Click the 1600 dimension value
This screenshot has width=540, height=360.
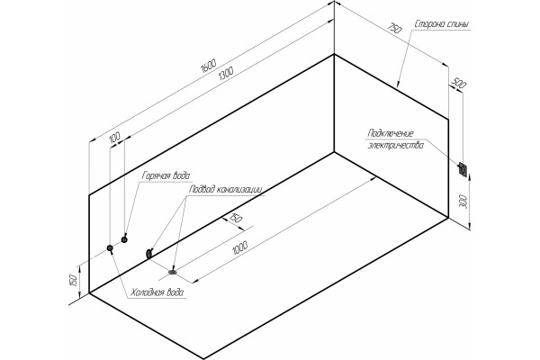[209, 66]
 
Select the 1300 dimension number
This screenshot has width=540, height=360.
[226, 73]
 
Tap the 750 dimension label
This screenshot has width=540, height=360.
[395, 28]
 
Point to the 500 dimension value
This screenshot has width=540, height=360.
[458, 84]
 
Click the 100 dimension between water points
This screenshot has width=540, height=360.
[114, 137]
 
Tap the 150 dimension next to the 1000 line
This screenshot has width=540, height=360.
[236, 219]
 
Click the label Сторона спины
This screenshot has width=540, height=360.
[442, 25]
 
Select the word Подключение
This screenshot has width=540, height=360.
[391, 133]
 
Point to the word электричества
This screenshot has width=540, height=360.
[396, 145]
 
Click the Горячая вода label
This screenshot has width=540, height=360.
[166, 176]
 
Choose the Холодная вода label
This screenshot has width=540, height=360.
[157, 292]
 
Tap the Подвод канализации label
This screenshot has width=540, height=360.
[226, 189]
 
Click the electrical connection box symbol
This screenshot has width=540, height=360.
[463, 169]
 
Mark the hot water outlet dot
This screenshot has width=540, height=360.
[124, 239]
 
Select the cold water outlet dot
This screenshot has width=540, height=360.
[110, 248]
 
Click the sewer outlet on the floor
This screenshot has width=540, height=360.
[173, 272]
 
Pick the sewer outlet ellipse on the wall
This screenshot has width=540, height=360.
[149, 254]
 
